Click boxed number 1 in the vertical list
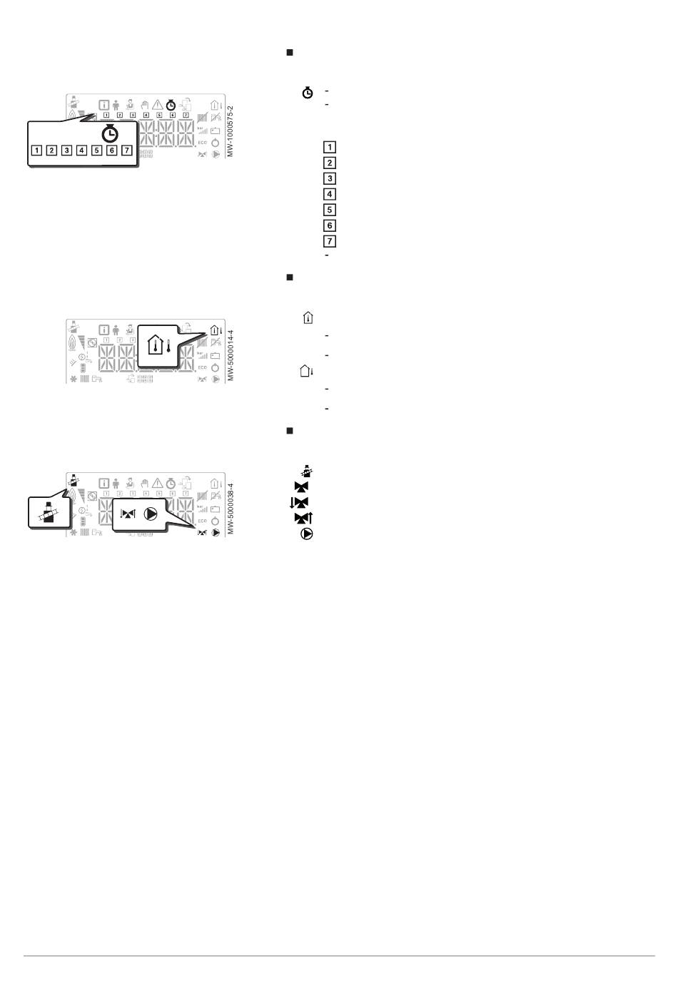click(330, 148)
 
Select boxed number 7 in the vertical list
click(330, 241)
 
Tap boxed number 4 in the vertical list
click(330, 194)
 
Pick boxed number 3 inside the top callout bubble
click(66, 151)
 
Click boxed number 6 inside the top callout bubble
click(111, 151)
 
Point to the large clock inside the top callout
click(110, 133)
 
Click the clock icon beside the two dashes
click(308, 93)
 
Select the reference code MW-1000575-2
click(230, 131)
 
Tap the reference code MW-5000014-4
click(230, 355)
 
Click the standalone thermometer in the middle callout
click(168, 347)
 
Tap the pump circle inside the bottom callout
click(150, 514)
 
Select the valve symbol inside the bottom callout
click(128, 514)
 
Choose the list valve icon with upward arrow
click(304, 518)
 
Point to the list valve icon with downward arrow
click(299, 502)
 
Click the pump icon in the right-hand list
click(307, 534)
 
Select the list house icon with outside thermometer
click(307, 371)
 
